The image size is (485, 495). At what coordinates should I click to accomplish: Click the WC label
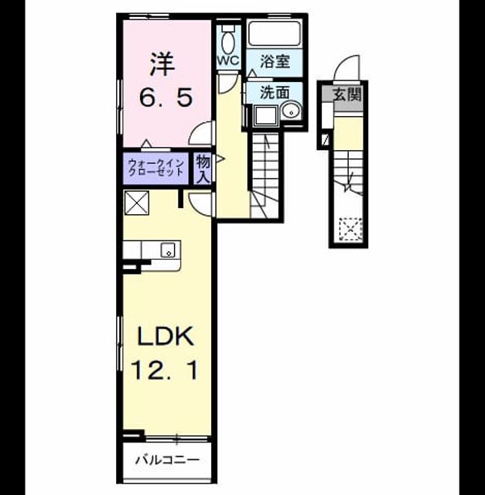pyautogui.click(x=228, y=60)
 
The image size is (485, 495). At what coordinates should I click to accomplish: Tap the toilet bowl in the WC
pyautogui.click(x=228, y=43)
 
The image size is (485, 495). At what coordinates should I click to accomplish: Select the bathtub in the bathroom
pyautogui.click(x=274, y=32)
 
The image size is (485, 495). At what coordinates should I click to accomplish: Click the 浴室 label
pyautogui.click(x=275, y=61)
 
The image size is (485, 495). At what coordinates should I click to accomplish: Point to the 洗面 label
pyautogui.click(x=275, y=92)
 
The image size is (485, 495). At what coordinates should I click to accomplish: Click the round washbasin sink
pyautogui.click(x=291, y=111)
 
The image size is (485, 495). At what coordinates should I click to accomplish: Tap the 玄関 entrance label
pyautogui.click(x=347, y=94)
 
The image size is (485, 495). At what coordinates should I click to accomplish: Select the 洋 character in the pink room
pyautogui.click(x=163, y=64)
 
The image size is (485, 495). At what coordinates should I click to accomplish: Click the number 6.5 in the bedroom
pyautogui.click(x=166, y=97)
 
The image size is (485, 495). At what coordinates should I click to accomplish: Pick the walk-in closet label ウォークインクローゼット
pyautogui.click(x=156, y=167)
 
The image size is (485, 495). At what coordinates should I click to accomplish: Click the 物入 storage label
pyautogui.click(x=203, y=169)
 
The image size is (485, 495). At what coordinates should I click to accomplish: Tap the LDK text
pyautogui.click(x=165, y=336)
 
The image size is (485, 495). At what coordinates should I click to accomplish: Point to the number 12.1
pyautogui.click(x=165, y=370)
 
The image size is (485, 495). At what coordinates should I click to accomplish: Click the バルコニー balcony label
pyautogui.click(x=167, y=459)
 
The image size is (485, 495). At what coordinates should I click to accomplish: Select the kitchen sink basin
pyautogui.click(x=168, y=251)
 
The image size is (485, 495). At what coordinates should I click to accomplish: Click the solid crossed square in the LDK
pyautogui.click(x=137, y=203)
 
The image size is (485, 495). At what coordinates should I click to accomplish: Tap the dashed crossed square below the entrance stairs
pyautogui.click(x=350, y=230)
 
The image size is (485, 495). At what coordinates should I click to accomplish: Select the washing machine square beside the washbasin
pyautogui.click(x=266, y=115)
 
